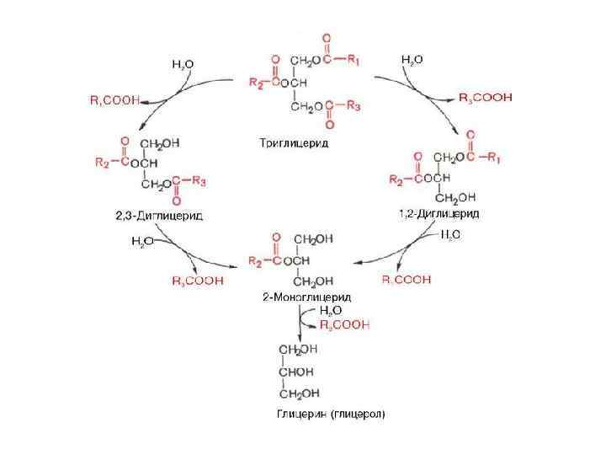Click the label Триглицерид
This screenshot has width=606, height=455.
[294, 142]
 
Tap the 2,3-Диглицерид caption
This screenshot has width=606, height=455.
[159, 215]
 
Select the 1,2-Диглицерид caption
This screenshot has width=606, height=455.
[439, 214]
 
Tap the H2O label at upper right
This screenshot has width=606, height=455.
[411, 60]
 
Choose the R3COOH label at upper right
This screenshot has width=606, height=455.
[485, 98]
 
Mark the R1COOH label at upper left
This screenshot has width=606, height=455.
[116, 100]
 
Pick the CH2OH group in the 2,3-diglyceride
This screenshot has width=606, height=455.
[160, 144]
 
